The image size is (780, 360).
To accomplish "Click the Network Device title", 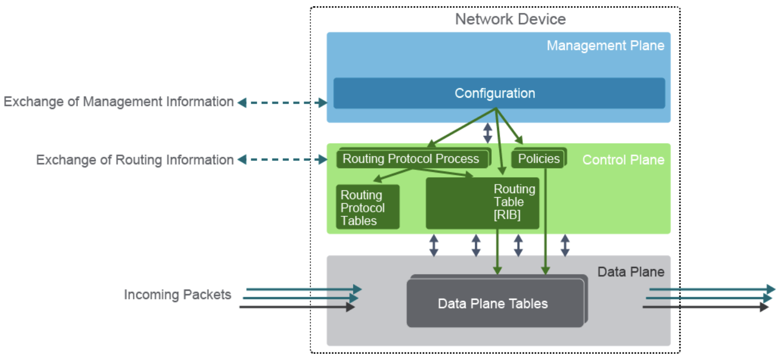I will [510, 19].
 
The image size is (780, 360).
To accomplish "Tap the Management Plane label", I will [605, 45].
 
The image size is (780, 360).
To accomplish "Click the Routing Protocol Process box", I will [411, 159].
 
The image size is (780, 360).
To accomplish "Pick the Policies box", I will [539, 159].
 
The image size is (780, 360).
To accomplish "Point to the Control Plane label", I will [623, 160].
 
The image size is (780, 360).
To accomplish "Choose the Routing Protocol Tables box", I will [367, 207].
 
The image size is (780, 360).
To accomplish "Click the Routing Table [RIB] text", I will [514, 202].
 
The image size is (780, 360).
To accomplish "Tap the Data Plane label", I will [631, 272].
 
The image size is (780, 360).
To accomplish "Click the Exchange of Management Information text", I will [119, 102].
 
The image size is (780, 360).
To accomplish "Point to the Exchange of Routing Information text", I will [135, 160].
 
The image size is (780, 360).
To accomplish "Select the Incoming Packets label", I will [178, 295].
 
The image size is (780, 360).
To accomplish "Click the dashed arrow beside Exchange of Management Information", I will [282, 103].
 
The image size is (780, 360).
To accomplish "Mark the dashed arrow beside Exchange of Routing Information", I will [282, 160].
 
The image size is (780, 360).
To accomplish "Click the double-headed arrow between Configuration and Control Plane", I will [487, 132].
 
